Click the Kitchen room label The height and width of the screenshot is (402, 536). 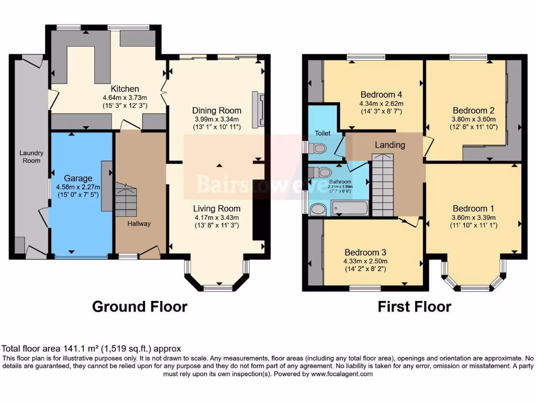click(125, 88)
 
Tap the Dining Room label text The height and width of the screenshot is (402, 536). click(217, 110)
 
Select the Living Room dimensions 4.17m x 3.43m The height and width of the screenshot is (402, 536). click(217, 218)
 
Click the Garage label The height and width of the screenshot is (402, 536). click(77, 178)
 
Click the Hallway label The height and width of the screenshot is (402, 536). click(139, 224)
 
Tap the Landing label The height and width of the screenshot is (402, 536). click(389, 145)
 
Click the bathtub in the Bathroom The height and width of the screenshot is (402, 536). click(349, 208)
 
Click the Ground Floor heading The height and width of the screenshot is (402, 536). click(139, 306)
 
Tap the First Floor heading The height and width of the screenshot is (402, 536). click(414, 306)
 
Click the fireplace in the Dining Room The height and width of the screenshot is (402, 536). click(258, 109)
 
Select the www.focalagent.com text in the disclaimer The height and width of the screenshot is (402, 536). click(342, 374)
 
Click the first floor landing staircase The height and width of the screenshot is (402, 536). click(382, 185)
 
